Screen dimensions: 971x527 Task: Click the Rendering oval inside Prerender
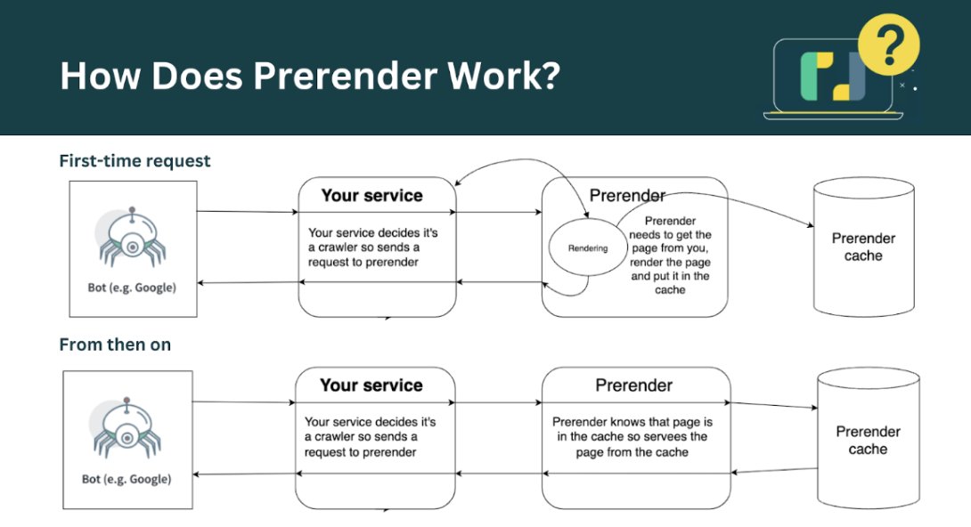pyautogui.click(x=588, y=247)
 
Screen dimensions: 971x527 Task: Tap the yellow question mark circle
pyautogui.click(x=889, y=45)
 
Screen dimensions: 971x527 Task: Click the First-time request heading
pyautogui.click(x=135, y=161)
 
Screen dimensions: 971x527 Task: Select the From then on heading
pyautogui.click(x=115, y=345)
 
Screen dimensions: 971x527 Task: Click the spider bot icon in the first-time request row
pyautogui.click(x=131, y=238)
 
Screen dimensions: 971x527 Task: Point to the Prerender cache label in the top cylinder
pyautogui.click(x=863, y=247)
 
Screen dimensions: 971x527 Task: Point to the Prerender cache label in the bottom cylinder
pyautogui.click(x=868, y=440)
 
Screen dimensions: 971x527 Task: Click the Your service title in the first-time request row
pyautogui.click(x=372, y=196)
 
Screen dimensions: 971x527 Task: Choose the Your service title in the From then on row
pyautogui.click(x=371, y=385)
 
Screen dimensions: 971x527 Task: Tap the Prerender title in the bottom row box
pyautogui.click(x=633, y=385)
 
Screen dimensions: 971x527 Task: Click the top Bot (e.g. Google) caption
pyautogui.click(x=132, y=288)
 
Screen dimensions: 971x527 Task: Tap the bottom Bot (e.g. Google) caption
pyautogui.click(x=126, y=479)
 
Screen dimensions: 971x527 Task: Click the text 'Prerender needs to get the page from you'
pyautogui.click(x=670, y=234)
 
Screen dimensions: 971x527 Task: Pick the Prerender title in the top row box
pyautogui.click(x=627, y=196)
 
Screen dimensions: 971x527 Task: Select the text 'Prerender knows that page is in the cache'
pyautogui.click(x=632, y=429)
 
